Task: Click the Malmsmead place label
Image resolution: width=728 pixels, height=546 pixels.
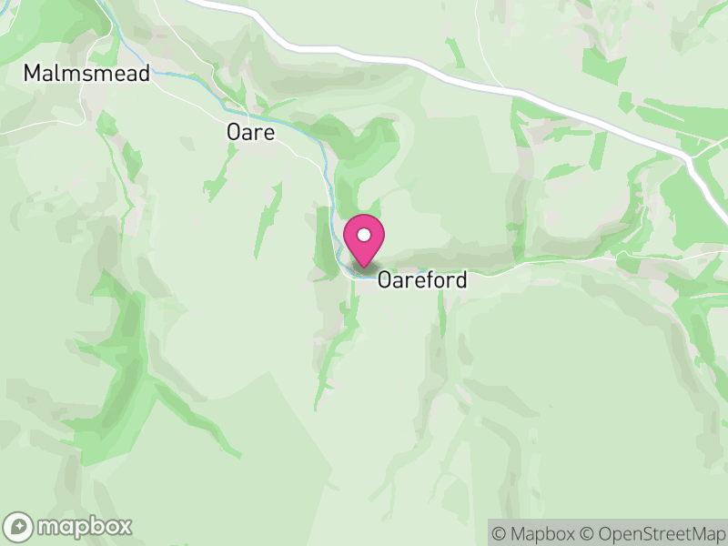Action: click(86, 74)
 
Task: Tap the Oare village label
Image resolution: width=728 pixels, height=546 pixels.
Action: click(250, 133)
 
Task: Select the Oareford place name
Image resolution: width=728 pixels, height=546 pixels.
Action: click(421, 279)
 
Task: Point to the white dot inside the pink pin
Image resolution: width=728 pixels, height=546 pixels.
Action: click(364, 235)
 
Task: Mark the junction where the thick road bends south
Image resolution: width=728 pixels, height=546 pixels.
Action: click(690, 157)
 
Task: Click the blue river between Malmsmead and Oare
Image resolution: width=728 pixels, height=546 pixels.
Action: click(182, 73)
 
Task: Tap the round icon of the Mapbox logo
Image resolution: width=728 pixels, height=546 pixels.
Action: click(20, 526)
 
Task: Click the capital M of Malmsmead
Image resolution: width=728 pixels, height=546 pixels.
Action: click(34, 74)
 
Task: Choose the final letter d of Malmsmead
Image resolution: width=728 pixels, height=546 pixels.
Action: click(143, 74)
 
